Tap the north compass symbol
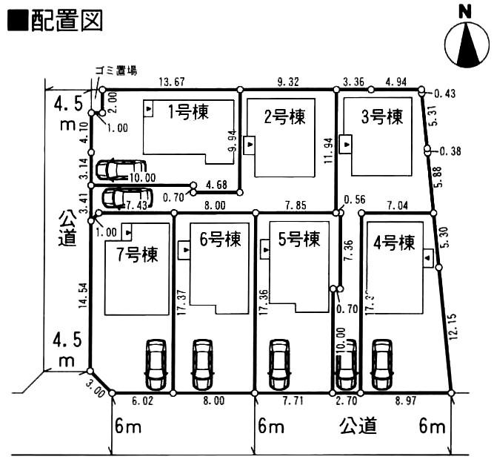point(466,45)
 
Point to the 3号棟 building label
point(381,116)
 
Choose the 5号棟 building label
point(299,240)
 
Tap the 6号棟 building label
point(221,240)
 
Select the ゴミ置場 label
point(116,70)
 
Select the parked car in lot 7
point(156,363)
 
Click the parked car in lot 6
point(202,363)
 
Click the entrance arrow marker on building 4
point(429,258)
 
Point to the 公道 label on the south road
point(359,426)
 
